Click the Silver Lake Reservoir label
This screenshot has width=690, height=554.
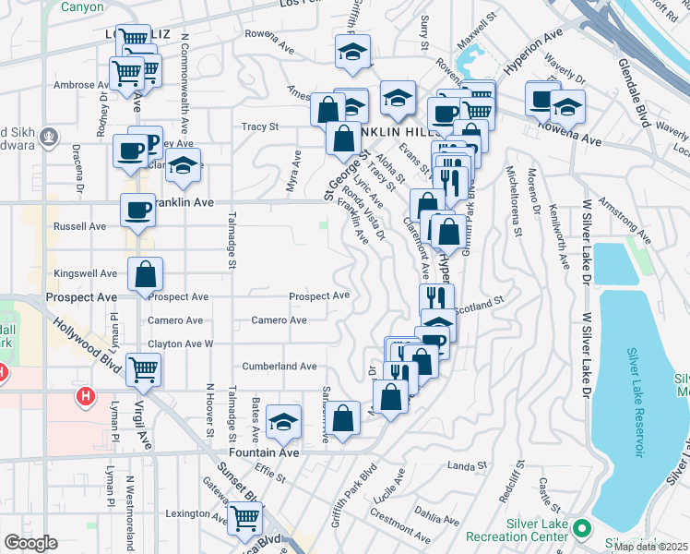pos(636,403)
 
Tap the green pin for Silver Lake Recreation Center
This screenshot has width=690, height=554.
pos(581,528)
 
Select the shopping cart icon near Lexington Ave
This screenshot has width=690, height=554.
pos(244,519)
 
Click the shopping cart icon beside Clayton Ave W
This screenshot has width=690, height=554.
pos(144,368)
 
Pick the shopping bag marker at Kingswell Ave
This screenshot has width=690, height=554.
pos(146,274)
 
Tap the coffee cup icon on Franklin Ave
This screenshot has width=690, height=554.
pos(138,210)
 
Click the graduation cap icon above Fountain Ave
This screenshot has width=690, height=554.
pos(283,422)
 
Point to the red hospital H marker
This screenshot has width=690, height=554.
pos(86,397)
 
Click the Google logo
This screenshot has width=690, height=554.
pos(30,543)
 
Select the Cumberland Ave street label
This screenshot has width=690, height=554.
pos(280,367)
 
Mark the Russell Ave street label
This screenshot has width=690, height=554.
pos(80,226)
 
